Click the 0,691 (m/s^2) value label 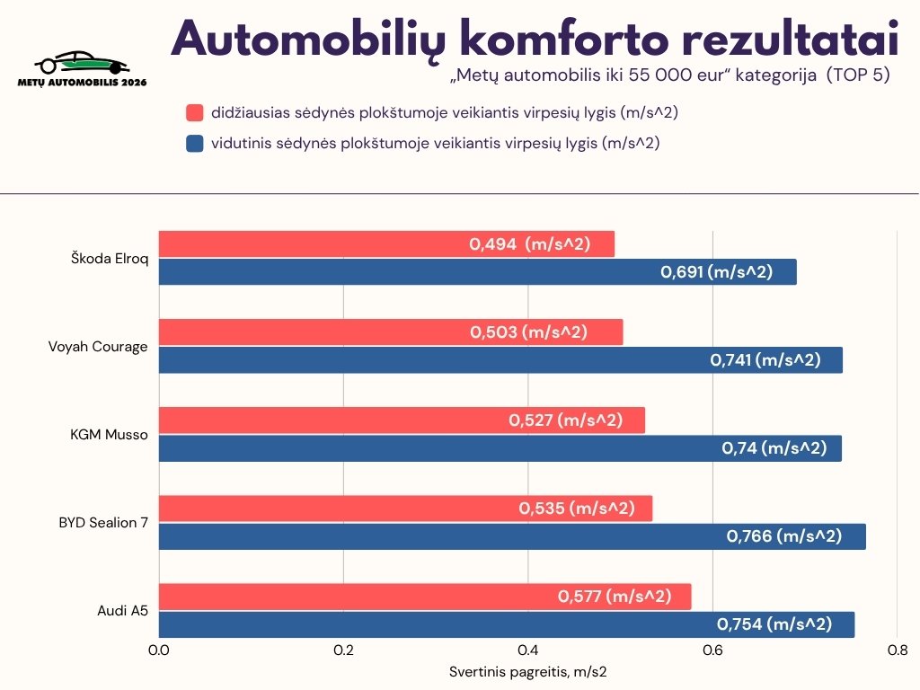[x=716, y=272]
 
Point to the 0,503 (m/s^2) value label [x=528, y=332]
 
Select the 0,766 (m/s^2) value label [x=783, y=536]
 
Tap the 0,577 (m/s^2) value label [x=615, y=596]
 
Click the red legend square [x=195, y=113]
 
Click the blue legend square [x=195, y=143]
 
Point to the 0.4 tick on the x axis [x=528, y=650]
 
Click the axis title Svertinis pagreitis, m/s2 [x=528, y=672]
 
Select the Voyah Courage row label [x=98, y=346]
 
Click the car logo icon [x=81, y=63]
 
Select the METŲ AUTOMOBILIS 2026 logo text [x=82, y=82]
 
